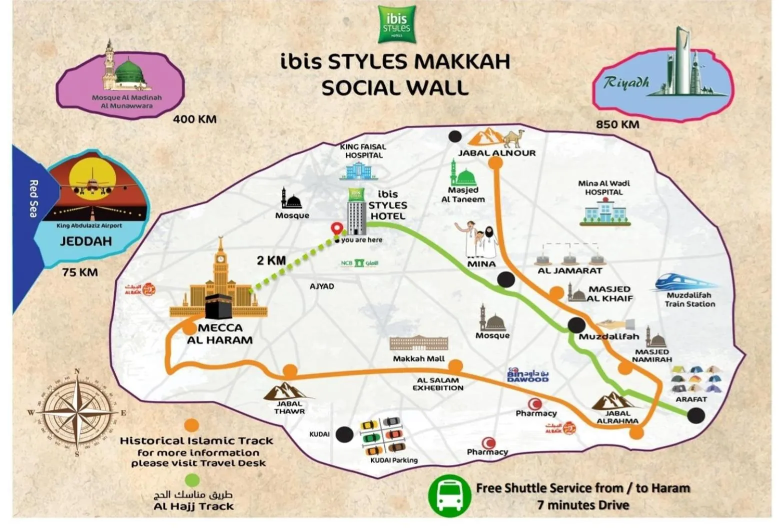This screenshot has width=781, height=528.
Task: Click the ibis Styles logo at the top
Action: click(397, 24)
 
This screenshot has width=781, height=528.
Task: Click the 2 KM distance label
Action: click(271, 260)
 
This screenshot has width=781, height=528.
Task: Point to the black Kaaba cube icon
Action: click(219, 306)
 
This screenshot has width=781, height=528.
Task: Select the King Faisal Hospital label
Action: click(363, 151)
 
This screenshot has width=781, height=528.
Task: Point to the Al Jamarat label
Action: click(570, 271)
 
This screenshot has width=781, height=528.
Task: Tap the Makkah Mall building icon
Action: click(419, 343)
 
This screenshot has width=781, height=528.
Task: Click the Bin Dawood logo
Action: click(527, 375)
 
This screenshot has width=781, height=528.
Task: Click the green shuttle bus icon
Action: click(449, 495)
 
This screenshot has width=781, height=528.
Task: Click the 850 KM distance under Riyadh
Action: click(617, 124)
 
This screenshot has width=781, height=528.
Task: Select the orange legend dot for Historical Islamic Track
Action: click(191, 425)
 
